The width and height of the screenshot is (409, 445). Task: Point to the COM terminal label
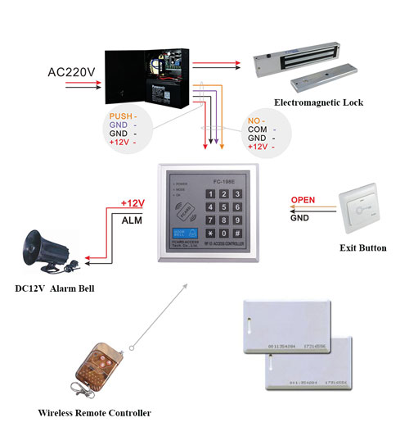click(x=258, y=129)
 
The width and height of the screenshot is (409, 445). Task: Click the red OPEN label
click(x=303, y=199)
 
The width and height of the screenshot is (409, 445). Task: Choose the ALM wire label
click(x=133, y=220)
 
